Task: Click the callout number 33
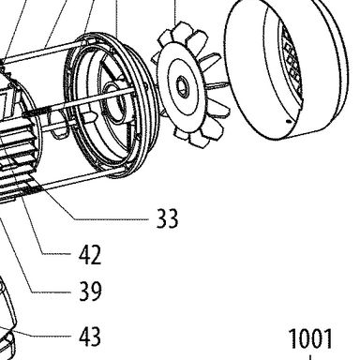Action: coord(167,218)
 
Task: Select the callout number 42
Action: coord(90,255)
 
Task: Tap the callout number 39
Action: coord(90,291)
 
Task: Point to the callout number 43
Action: coord(90,337)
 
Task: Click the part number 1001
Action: coord(310,338)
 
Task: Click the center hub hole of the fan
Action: coord(181,86)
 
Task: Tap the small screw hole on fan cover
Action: coord(289,121)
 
